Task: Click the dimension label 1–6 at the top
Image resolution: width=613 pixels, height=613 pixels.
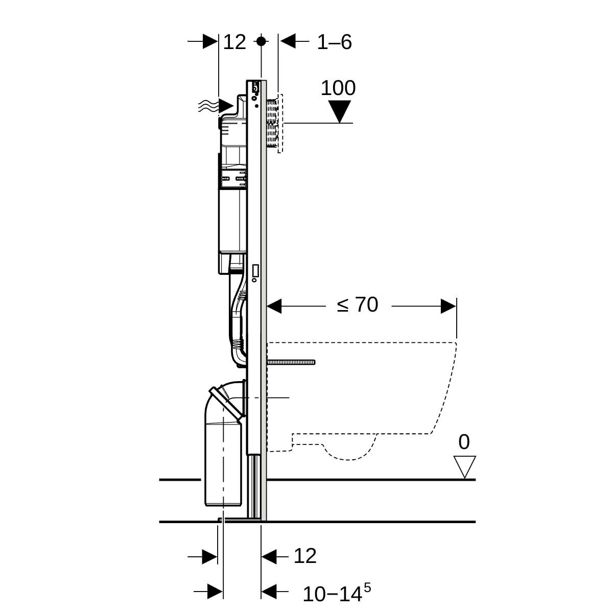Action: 334,42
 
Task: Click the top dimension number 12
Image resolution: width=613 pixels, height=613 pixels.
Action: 234,42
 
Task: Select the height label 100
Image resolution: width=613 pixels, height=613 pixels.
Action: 338,88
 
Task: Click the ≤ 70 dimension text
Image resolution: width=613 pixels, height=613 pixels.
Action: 358,305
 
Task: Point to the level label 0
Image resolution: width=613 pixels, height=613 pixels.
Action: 464,442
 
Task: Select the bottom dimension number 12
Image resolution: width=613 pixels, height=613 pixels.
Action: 305,556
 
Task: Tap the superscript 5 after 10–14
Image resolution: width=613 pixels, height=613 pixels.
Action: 367,588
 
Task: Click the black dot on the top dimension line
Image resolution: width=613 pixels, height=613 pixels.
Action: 261,41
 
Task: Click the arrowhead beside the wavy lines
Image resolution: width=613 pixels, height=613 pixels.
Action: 226,106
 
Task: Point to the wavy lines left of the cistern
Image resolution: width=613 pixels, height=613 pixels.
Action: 208,106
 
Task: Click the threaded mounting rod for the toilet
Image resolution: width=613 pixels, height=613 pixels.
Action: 291,362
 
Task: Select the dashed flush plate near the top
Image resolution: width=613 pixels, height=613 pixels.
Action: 279,123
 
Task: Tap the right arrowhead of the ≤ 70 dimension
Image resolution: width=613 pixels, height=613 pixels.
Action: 449,306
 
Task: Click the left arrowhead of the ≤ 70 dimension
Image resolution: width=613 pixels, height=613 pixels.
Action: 275,306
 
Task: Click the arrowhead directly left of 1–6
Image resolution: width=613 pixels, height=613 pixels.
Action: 288,41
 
